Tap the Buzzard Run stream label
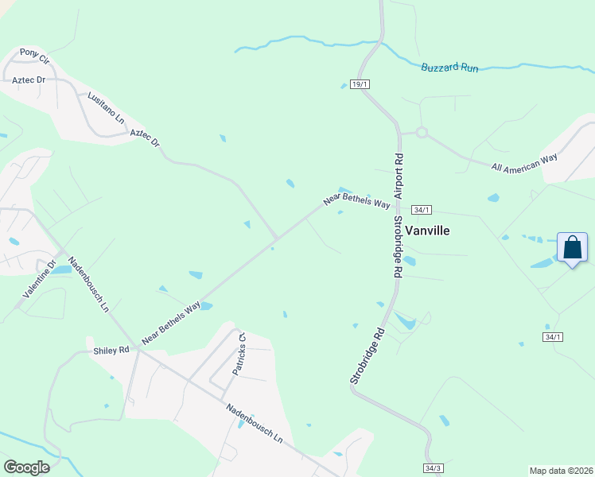(x=449, y=68)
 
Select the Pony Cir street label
(x=34, y=56)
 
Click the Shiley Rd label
(x=112, y=350)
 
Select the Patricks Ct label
(x=239, y=354)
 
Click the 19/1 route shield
(x=360, y=84)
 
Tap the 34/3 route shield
(x=433, y=468)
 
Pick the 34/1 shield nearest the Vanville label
(x=422, y=210)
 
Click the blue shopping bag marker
(x=572, y=248)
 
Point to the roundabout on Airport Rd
(x=421, y=133)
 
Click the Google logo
(x=26, y=467)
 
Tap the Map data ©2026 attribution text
(x=561, y=471)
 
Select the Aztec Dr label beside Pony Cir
(x=27, y=80)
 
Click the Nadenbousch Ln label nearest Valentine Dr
(x=88, y=285)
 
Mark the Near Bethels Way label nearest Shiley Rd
(x=171, y=323)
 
